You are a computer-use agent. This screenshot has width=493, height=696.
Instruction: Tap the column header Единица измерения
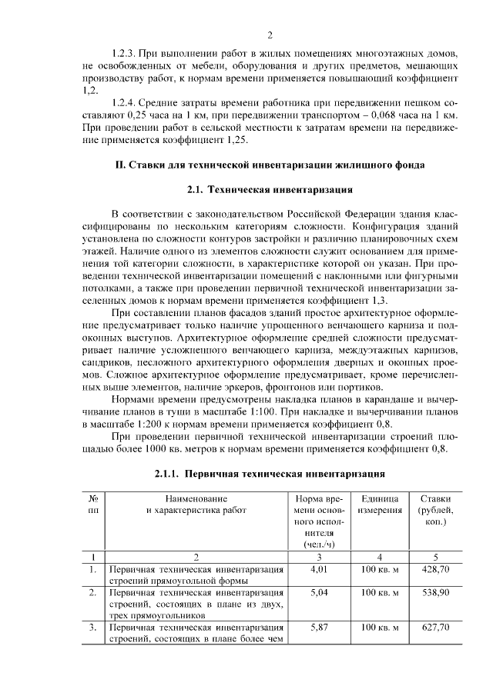pos(379,505)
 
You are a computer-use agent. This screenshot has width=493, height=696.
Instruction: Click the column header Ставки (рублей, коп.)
pos(432,511)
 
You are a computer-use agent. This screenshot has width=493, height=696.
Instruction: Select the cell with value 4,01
pos(317,569)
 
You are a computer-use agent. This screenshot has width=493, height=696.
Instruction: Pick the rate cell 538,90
pos(432,594)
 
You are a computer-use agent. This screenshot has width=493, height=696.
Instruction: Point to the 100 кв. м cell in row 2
pos(379,594)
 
